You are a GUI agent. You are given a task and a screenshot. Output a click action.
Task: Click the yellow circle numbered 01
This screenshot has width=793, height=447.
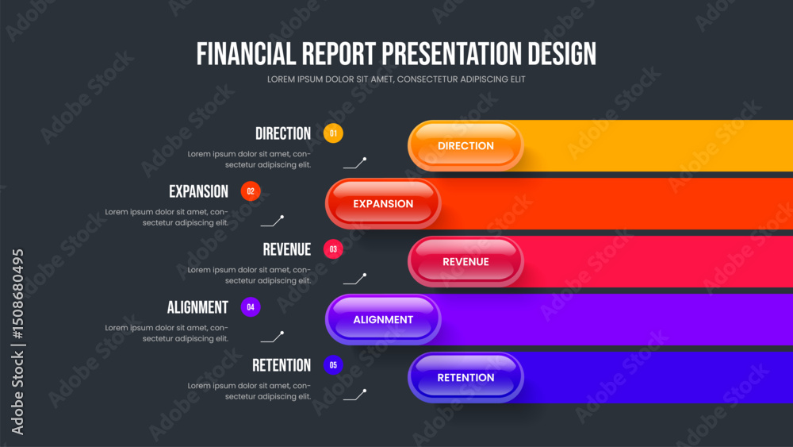pyautogui.click(x=333, y=133)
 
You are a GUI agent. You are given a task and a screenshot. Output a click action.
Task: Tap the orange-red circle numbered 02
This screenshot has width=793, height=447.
pyautogui.click(x=251, y=191)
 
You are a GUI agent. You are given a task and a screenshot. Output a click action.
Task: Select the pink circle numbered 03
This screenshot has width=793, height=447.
pyautogui.click(x=333, y=249)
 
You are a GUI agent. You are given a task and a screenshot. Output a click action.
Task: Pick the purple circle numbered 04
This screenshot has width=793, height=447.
pyautogui.click(x=251, y=306)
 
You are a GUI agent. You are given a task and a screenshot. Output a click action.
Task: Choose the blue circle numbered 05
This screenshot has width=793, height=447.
pyautogui.click(x=333, y=365)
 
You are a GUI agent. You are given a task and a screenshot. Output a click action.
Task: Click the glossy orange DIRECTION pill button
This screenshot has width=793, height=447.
pyautogui.click(x=465, y=146)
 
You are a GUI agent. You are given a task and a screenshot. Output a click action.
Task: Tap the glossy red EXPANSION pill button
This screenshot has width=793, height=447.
pyautogui.click(x=383, y=203)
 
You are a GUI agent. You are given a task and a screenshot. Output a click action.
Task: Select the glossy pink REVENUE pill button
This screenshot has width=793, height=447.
pyautogui.click(x=465, y=262)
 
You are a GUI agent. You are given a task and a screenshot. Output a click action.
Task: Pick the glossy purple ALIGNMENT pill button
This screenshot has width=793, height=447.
pyautogui.click(x=383, y=319)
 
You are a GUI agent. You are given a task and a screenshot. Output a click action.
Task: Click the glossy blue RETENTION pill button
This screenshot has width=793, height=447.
pyautogui.click(x=465, y=378)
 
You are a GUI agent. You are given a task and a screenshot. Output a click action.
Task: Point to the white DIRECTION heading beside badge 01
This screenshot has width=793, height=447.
pyautogui.click(x=283, y=133)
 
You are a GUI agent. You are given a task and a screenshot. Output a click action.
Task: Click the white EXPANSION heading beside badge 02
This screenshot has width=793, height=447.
pyautogui.click(x=198, y=191)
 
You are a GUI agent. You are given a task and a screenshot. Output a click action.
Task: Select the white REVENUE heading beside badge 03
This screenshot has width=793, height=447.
pyautogui.click(x=287, y=249)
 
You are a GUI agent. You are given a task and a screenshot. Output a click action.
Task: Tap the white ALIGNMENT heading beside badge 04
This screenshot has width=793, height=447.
pyautogui.click(x=197, y=307)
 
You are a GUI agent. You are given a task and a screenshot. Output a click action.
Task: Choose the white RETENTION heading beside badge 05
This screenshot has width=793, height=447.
pyautogui.click(x=282, y=365)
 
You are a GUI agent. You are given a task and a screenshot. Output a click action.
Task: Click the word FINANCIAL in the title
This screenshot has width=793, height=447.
pyautogui.click(x=246, y=54)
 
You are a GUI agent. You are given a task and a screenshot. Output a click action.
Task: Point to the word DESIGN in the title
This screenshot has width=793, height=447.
pyautogui.click(x=562, y=54)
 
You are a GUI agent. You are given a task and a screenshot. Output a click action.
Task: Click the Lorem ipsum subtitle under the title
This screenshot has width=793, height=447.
pyautogui.click(x=396, y=79)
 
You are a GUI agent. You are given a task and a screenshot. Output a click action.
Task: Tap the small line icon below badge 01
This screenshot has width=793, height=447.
pyautogui.click(x=355, y=163)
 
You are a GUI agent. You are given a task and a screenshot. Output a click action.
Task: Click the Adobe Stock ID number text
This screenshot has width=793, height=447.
pyautogui.click(x=17, y=294)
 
